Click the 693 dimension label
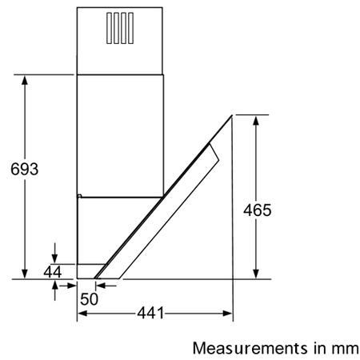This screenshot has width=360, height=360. click(25, 169)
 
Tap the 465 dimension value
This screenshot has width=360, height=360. click(257, 210)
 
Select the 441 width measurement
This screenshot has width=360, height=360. click(150, 313)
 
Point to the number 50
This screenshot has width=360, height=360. click(89, 299)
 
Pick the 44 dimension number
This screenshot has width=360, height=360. click(53, 272)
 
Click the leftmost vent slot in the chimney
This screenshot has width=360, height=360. click(109, 28)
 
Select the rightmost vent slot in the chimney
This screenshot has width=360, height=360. click(130, 28)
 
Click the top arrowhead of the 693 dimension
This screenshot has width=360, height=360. click(25, 80)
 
